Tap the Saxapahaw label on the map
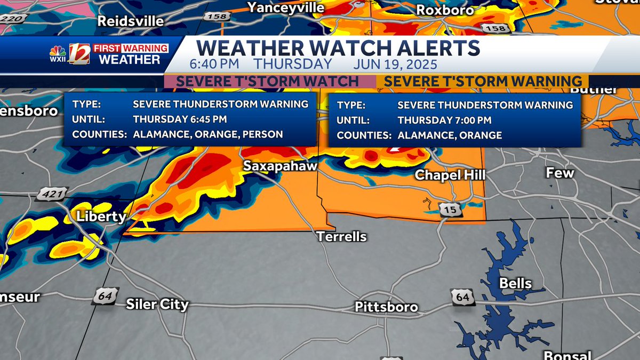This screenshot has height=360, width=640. point(280,166)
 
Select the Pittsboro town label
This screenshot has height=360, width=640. point(387,307)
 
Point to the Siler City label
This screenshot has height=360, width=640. point(157,305)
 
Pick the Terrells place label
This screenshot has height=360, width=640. point(342,236)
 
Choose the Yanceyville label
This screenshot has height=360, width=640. point(286,7)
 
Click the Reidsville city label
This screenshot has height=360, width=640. point(130,21)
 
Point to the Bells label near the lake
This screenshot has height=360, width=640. point(515,283)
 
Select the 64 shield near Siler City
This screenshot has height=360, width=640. point(105,296)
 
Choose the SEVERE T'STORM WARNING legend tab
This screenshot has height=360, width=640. point(483,82)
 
